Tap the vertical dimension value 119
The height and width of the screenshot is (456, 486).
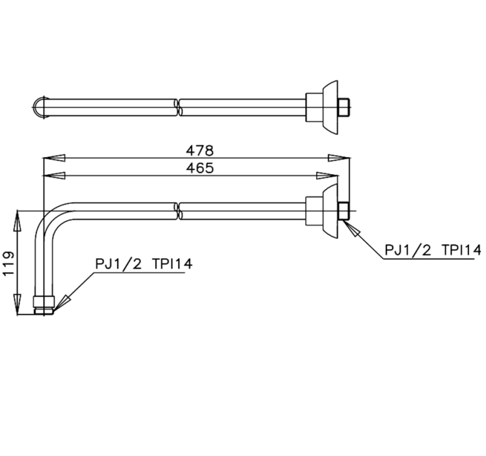pyautogui.click(x=9, y=264)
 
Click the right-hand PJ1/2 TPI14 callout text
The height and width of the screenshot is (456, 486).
pyautogui.click(x=432, y=249)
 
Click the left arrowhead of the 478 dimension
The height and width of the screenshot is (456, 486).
pyautogui.click(x=51, y=158)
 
